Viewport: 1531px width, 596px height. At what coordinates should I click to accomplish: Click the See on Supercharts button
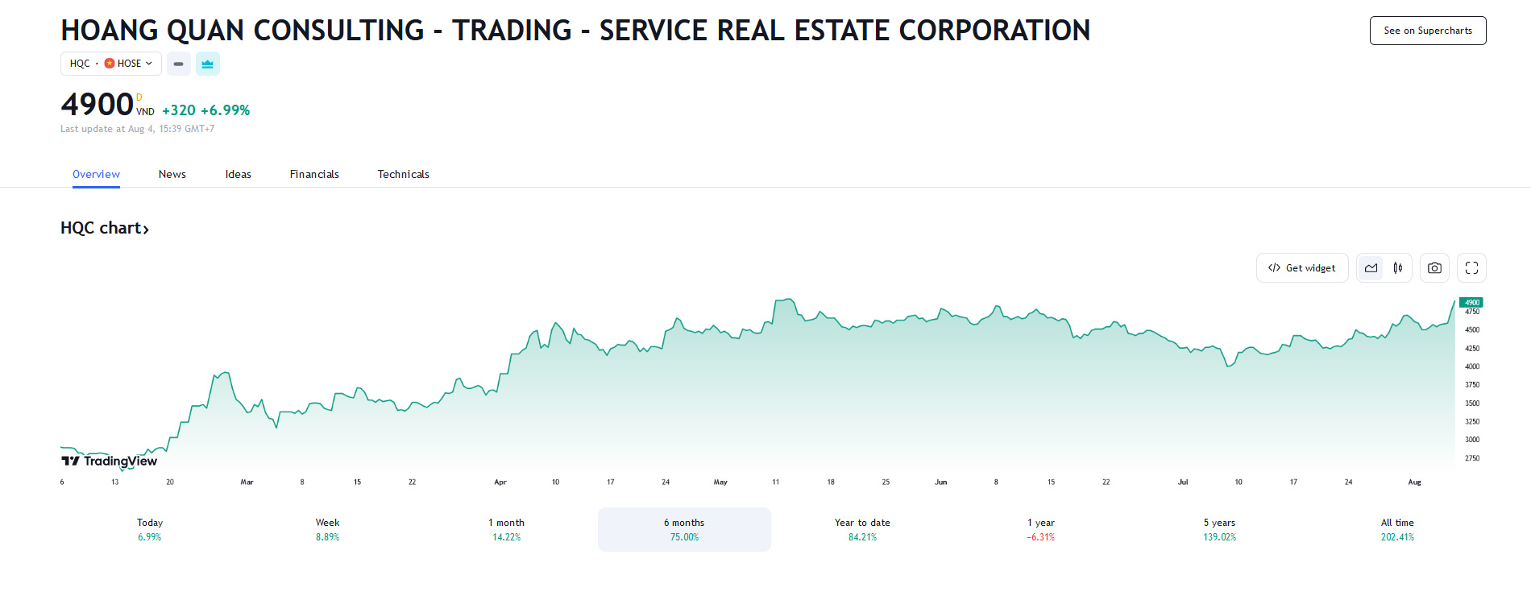(1427, 31)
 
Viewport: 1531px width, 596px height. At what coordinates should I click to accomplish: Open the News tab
(172, 174)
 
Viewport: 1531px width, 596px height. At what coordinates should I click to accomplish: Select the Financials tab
(314, 174)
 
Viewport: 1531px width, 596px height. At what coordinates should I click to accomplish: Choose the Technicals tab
(403, 174)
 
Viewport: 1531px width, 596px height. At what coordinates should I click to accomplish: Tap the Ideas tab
(238, 174)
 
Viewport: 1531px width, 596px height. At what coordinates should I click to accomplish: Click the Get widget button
(1301, 268)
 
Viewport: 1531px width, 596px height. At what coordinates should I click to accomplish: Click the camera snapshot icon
(1434, 268)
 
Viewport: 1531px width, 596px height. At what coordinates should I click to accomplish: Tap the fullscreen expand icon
(1471, 268)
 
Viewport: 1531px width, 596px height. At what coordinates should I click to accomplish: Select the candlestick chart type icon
(1398, 268)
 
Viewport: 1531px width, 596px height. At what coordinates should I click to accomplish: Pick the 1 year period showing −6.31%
(1040, 529)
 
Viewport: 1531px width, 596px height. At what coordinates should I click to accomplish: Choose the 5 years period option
(1219, 529)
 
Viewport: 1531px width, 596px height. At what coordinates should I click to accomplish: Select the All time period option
(1397, 529)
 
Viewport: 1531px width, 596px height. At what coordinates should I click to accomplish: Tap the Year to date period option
(862, 529)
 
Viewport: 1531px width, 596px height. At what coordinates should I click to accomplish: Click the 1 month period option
(506, 529)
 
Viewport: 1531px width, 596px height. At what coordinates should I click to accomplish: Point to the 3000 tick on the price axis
(1472, 440)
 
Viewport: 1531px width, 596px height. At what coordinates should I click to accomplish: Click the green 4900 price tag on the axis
(1471, 303)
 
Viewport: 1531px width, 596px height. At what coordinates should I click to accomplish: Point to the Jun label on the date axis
(940, 482)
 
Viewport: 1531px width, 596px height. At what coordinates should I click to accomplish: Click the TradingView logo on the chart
(110, 461)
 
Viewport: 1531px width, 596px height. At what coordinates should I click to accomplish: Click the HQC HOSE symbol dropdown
(111, 64)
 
